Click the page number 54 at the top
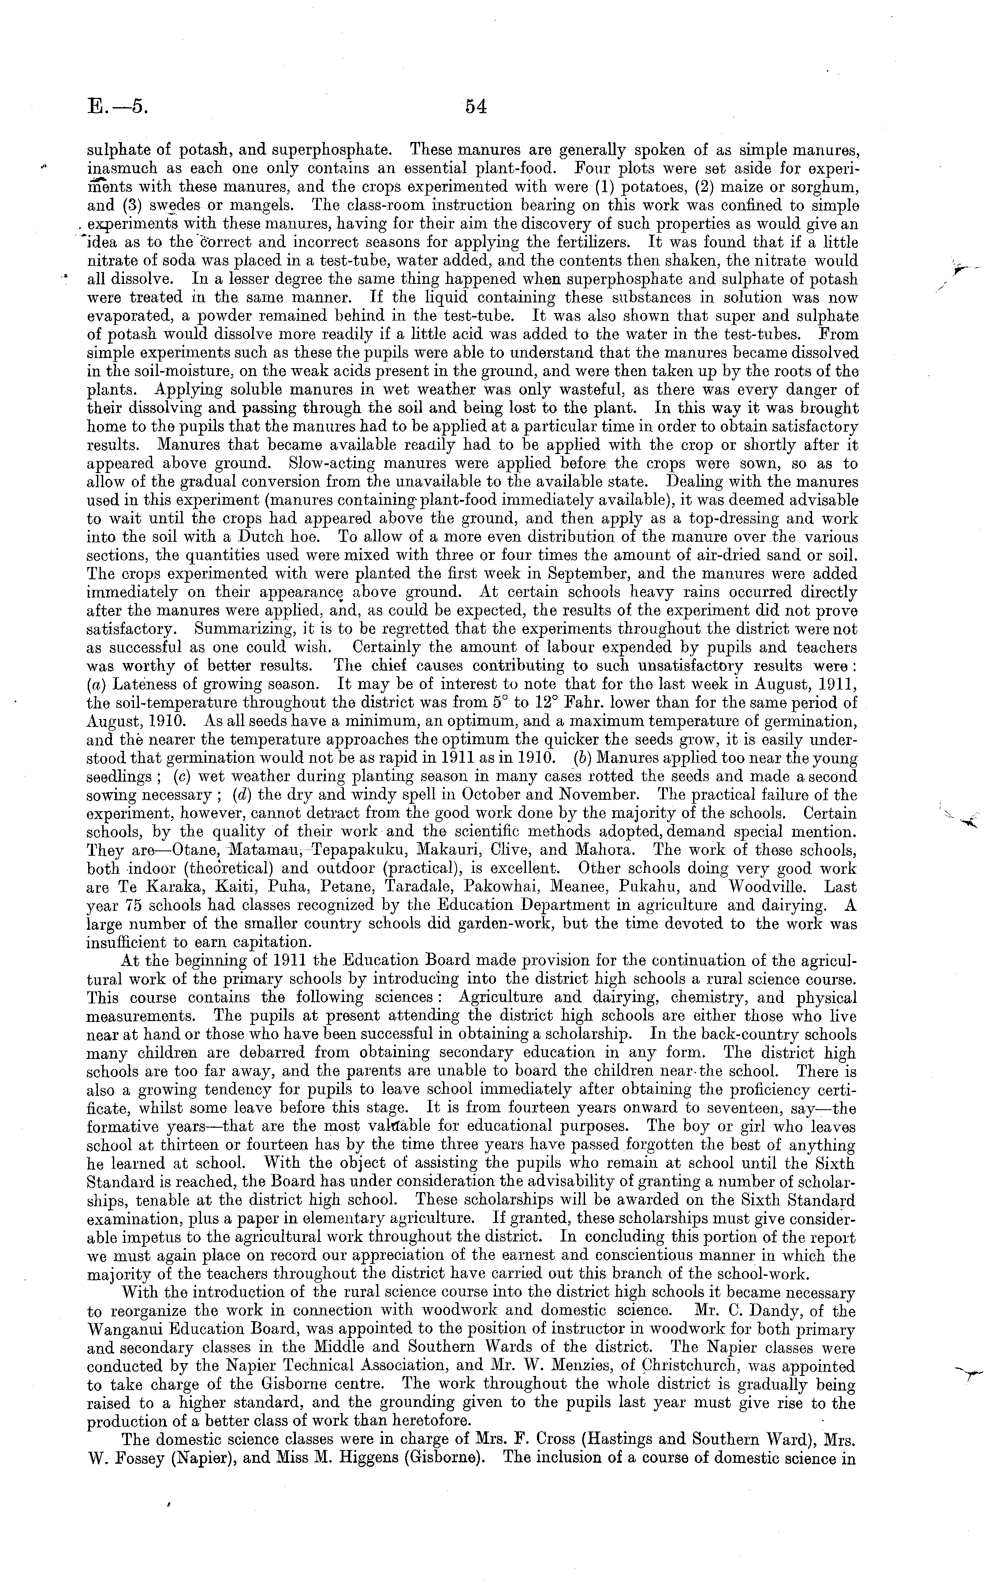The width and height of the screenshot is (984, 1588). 476,107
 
